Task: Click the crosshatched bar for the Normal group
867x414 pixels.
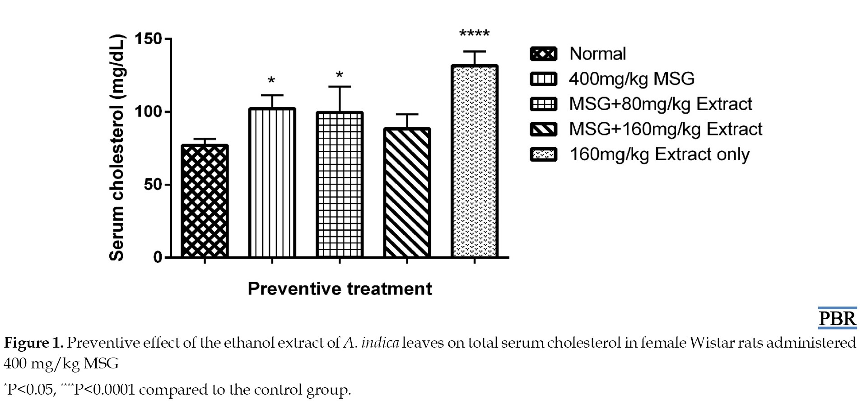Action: click(205, 201)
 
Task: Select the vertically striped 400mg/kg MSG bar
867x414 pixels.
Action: click(272, 183)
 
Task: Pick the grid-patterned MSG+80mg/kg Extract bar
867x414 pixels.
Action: click(340, 185)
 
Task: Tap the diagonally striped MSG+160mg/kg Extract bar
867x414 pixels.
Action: click(407, 193)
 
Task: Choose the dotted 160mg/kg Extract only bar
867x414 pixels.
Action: click(475, 162)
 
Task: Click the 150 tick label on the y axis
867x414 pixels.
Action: click(148, 39)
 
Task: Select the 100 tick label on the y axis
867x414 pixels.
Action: click(148, 112)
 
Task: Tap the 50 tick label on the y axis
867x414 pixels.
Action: click(153, 185)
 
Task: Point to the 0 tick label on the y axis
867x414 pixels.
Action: click(158, 257)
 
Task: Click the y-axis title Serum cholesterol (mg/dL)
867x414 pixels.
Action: click(117, 148)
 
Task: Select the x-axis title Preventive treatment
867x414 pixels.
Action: click(340, 288)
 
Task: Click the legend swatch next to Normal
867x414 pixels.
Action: click(543, 54)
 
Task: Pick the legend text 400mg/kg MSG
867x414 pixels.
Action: click(631, 79)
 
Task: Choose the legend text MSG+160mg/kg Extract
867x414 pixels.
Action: click(665, 129)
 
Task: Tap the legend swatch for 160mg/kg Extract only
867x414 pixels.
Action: click(543, 154)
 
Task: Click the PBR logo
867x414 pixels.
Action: click(837, 318)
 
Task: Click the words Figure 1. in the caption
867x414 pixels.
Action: click(33, 343)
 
